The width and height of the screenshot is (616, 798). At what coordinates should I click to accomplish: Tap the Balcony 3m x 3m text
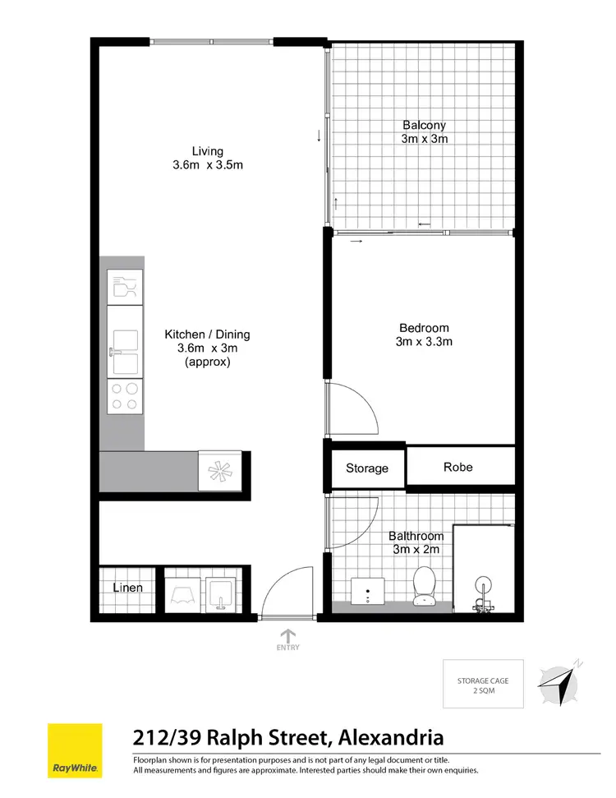(x=424, y=131)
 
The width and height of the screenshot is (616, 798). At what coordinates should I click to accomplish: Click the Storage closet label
(x=366, y=468)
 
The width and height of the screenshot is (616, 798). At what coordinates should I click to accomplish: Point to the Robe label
(x=458, y=467)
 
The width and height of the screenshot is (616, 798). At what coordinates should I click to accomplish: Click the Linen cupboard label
(x=128, y=588)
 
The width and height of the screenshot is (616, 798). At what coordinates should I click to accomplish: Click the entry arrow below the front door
(x=288, y=634)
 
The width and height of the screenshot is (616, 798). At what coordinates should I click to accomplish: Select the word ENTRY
(x=288, y=648)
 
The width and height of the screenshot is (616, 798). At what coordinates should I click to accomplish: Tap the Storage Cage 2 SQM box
(x=482, y=685)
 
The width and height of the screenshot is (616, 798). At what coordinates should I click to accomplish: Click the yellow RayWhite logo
(x=76, y=750)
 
